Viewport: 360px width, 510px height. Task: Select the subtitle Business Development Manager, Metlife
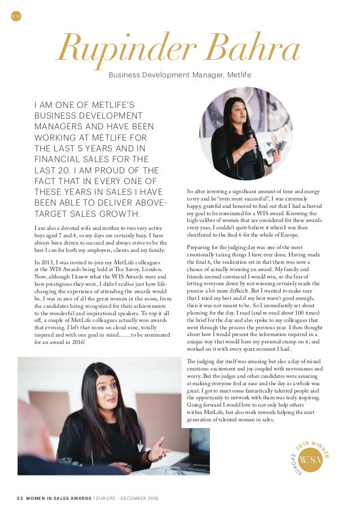180,75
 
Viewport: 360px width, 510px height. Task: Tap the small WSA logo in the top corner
16,16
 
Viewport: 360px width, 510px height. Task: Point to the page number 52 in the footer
20,497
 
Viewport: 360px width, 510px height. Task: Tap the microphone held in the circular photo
250,139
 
